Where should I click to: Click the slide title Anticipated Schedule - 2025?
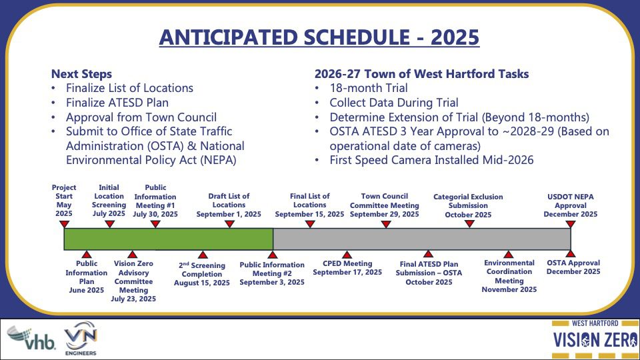319,37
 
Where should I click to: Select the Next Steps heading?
81,74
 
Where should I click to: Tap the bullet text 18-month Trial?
369,88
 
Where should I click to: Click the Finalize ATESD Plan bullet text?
117,103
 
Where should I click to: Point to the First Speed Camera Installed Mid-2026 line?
431,160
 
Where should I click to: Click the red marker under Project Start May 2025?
64,224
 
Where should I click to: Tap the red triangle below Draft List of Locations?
229,224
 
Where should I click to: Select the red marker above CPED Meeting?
347,255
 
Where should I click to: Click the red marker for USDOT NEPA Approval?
571,224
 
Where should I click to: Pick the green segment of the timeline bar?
169,239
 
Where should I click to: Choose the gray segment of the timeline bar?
422,239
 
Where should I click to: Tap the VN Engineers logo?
81,339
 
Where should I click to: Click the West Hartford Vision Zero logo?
595,339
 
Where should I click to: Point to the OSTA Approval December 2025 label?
573,267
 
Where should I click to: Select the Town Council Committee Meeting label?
385,205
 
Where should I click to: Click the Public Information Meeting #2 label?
272,273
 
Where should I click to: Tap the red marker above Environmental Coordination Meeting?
508,255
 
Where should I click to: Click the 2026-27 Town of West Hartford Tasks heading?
421,74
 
